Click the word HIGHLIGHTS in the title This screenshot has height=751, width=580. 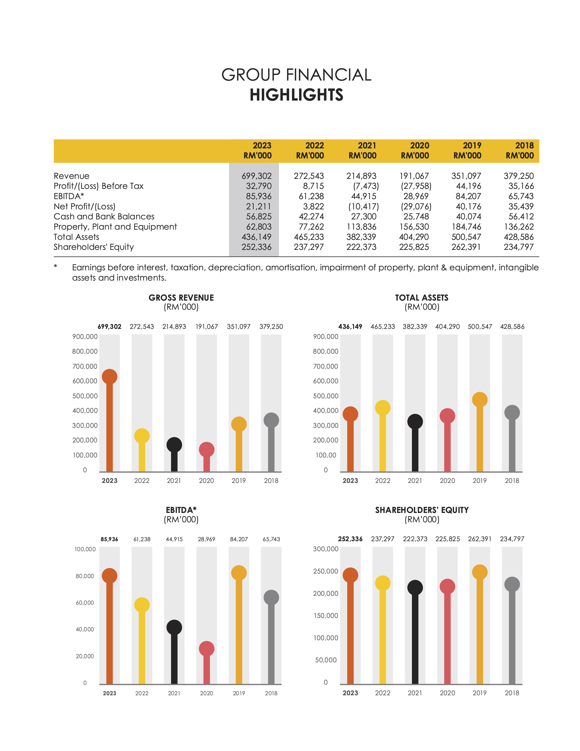[x=296, y=95]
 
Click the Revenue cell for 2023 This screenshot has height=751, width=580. [x=256, y=176]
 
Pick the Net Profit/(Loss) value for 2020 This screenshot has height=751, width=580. [x=416, y=206]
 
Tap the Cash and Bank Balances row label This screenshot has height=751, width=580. [x=104, y=217]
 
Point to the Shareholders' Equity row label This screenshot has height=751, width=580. [x=93, y=247]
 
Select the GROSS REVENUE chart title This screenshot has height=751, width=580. [x=181, y=298]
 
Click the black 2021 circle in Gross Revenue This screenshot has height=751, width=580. [x=174, y=445]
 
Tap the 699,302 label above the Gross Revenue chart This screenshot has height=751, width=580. [x=109, y=327]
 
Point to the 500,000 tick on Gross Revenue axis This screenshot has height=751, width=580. [x=85, y=396]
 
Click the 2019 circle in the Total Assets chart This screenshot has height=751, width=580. [x=480, y=400]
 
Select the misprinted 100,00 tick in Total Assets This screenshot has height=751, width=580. [x=326, y=455]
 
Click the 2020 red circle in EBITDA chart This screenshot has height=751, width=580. [x=207, y=649]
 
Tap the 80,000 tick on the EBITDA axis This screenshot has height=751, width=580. [x=85, y=576]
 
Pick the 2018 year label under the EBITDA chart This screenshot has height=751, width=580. [x=271, y=693]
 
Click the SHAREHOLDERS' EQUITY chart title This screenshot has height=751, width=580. [x=422, y=510]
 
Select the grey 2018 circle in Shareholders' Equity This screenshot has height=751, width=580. [x=512, y=584]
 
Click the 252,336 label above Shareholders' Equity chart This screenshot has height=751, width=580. [x=350, y=539]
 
